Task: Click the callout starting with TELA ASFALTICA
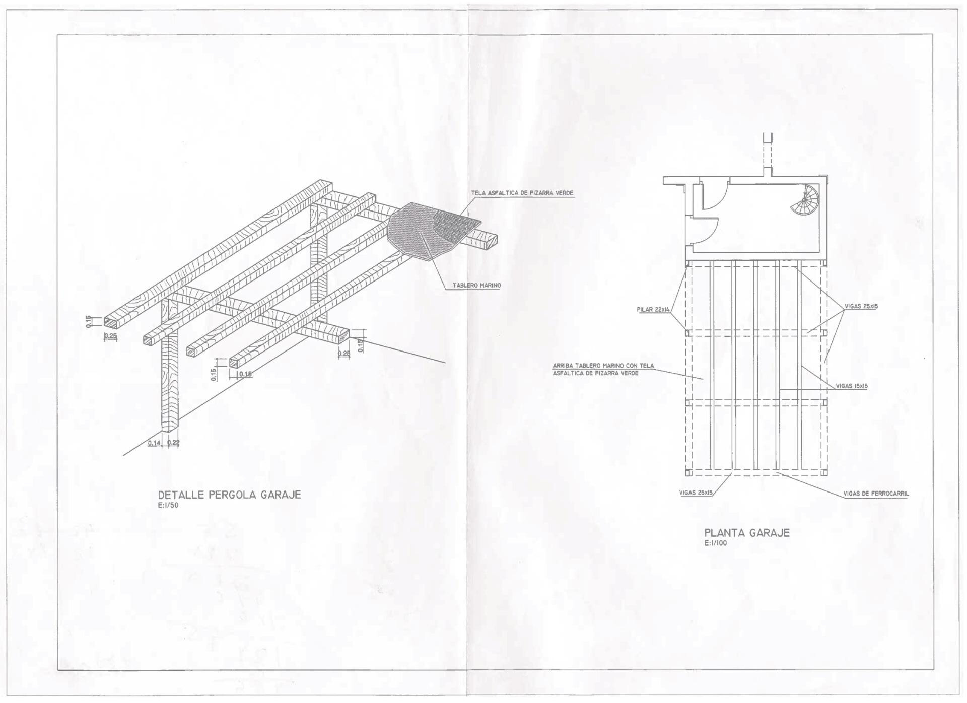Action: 522,193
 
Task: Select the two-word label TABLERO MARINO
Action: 476,286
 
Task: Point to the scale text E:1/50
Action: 168,506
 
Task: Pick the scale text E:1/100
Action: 716,543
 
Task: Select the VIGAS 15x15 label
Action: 852,386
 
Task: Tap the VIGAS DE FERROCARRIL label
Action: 876,494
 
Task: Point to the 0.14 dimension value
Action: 154,443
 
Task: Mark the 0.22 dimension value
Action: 173,443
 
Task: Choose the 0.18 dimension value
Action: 245,374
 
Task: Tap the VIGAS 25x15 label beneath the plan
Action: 696,493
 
